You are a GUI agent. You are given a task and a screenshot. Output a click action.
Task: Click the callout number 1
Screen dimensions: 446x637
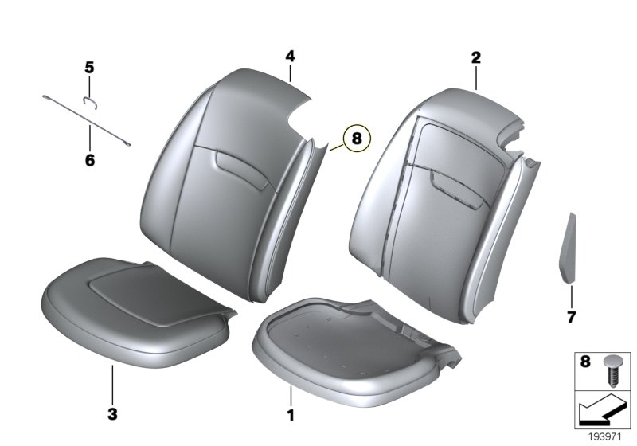(x=291, y=415)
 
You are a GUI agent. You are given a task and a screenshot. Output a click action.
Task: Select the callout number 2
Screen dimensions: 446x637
(x=475, y=57)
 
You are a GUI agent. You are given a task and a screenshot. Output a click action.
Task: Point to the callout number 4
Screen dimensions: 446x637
(x=290, y=56)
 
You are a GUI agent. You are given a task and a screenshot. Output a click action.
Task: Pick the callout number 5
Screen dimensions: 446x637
(x=89, y=67)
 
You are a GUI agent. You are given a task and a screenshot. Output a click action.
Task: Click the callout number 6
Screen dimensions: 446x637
(x=89, y=161)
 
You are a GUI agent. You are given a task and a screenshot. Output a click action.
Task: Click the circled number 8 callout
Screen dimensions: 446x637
(x=356, y=139)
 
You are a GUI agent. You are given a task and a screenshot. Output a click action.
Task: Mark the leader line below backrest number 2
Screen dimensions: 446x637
(x=475, y=78)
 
